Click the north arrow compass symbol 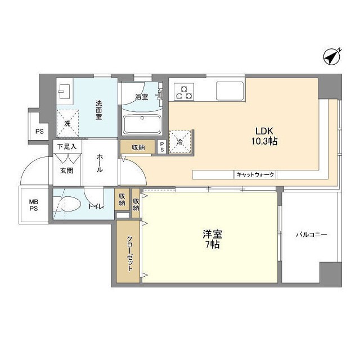(332, 56)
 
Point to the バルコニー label (312, 235)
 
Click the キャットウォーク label (255, 175)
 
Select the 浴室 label (142, 97)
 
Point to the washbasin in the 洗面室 (63, 92)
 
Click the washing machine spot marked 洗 (67, 123)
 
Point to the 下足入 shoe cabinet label (69, 146)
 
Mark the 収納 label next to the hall (138, 147)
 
